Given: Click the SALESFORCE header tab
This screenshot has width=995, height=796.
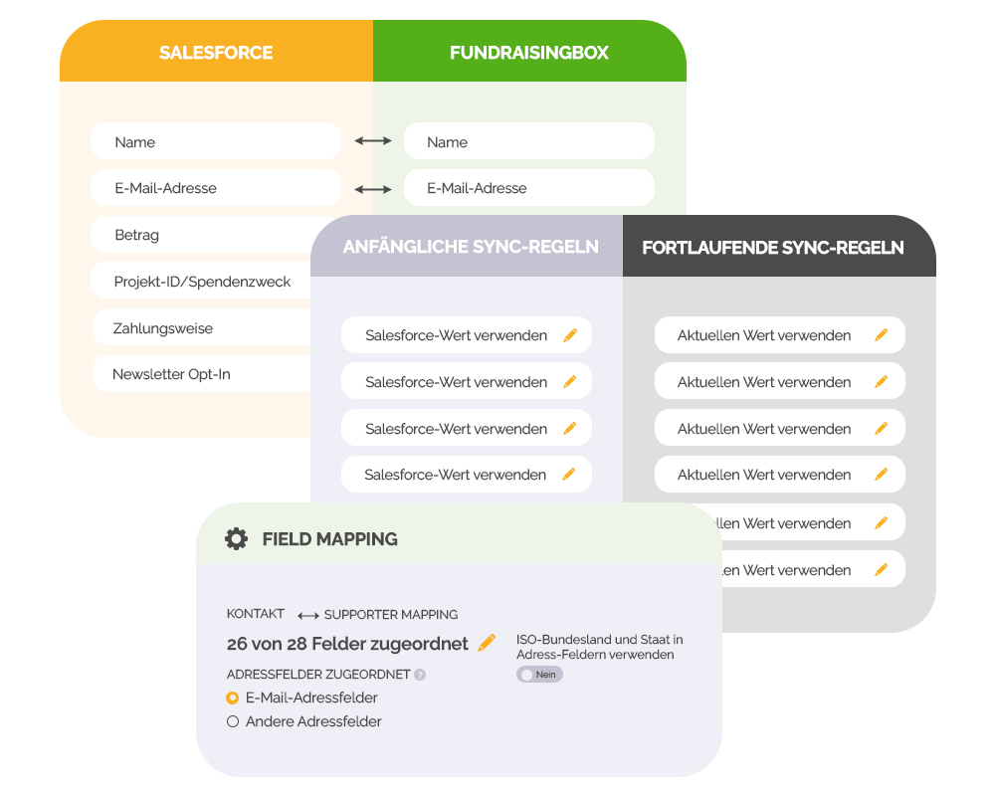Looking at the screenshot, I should pyautogui.click(x=216, y=53).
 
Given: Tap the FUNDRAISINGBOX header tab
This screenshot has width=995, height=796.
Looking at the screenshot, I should pyautogui.click(x=528, y=53).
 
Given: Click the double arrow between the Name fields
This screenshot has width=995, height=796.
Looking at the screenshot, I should pyautogui.click(x=373, y=142).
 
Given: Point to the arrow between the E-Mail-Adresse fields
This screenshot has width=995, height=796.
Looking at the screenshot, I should pyautogui.click(x=373, y=188).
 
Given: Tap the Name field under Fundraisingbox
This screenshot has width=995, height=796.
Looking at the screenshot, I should pyautogui.click(x=528, y=142).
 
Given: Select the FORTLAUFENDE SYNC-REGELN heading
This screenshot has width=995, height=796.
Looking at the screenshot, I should pyautogui.click(x=773, y=247).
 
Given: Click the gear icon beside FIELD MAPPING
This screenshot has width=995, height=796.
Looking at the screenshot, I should pyautogui.click(x=236, y=539).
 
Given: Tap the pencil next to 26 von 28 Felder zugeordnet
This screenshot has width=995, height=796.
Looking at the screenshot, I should pyautogui.click(x=487, y=643).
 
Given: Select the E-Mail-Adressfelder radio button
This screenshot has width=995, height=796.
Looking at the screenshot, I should pyautogui.click(x=233, y=697).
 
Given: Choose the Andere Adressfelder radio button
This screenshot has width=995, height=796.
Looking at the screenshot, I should pyautogui.click(x=233, y=721).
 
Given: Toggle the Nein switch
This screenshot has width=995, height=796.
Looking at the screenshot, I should pyautogui.click(x=539, y=675).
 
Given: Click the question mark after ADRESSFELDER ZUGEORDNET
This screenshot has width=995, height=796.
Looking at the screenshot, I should pyautogui.click(x=420, y=675).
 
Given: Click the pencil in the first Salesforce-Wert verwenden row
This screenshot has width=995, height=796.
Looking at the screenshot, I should pyautogui.click(x=570, y=335).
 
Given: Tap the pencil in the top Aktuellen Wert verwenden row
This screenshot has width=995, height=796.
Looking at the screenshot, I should pyautogui.click(x=881, y=335).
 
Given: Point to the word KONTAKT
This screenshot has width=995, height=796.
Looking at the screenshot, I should pyautogui.click(x=256, y=614).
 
